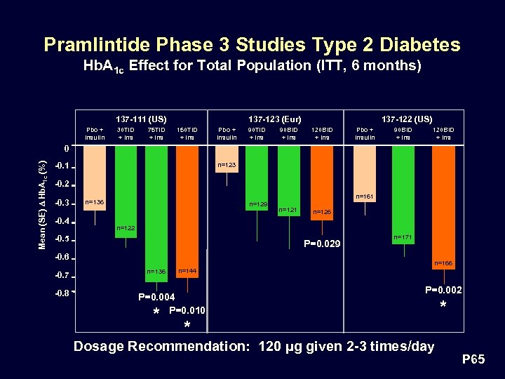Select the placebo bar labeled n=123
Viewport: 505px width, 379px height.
pyautogui.click(x=227, y=166)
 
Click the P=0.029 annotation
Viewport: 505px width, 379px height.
pyautogui.click(x=321, y=244)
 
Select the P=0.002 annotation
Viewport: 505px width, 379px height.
pyautogui.click(x=443, y=290)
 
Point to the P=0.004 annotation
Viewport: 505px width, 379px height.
pyautogui.click(x=156, y=297)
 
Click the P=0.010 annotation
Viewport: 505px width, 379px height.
pyautogui.click(x=187, y=310)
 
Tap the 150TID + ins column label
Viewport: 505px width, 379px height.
pyautogui.click(x=187, y=133)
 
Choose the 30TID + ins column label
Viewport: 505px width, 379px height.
pyautogui.click(x=126, y=133)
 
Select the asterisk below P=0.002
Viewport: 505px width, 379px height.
pyautogui.click(x=443, y=306)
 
